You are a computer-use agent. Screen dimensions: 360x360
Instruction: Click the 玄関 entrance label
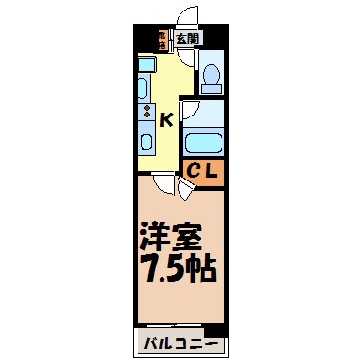click(x=188, y=39)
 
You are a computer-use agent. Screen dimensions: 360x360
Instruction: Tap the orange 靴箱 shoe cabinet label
click(x=163, y=39)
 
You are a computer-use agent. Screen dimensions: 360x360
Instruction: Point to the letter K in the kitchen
click(x=166, y=120)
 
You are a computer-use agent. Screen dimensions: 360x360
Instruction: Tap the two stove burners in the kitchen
click(x=146, y=113)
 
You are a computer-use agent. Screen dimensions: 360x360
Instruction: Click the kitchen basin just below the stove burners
click(x=146, y=140)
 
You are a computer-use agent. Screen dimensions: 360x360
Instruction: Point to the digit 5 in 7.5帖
click(x=177, y=266)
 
